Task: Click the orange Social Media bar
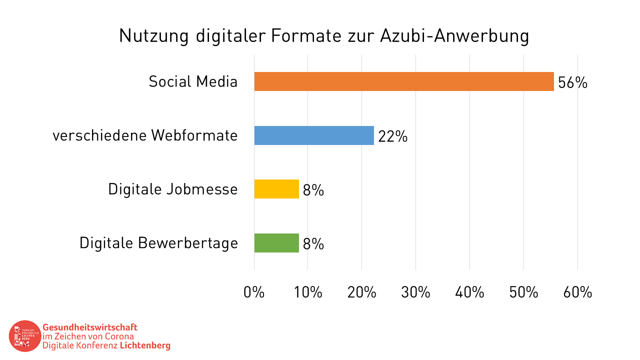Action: pyautogui.click(x=404, y=81)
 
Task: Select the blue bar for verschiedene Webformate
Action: pyautogui.click(x=314, y=135)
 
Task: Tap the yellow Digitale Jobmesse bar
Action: pyautogui.click(x=276, y=189)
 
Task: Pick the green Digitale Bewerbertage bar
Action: pyautogui.click(x=276, y=243)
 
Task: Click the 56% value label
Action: pyautogui.click(x=572, y=82)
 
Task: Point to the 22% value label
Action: pyautogui.click(x=392, y=136)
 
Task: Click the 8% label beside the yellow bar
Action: pyautogui.click(x=313, y=190)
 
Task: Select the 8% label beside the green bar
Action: pyautogui.click(x=313, y=244)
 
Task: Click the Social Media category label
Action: pyautogui.click(x=193, y=81)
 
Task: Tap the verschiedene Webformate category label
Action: pyautogui.click(x=145, y=135)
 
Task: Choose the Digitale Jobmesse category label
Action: pyautogui.click(x=173, y=189)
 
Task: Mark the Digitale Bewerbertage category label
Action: pyautogui.click(x=158, y=243)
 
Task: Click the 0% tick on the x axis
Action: pyautogui.click(x=254, y=292)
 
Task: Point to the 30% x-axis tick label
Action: pyautogui.click(x=415, y=292)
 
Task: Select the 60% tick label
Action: pyautogui.click(x=577, y=292)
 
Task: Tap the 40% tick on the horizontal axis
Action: pyautogui.click(x=469, y=292)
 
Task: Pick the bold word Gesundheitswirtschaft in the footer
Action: pyautogui.click(x=90, y=327)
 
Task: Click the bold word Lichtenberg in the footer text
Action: pyautogui.click(x=145, y=345)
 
